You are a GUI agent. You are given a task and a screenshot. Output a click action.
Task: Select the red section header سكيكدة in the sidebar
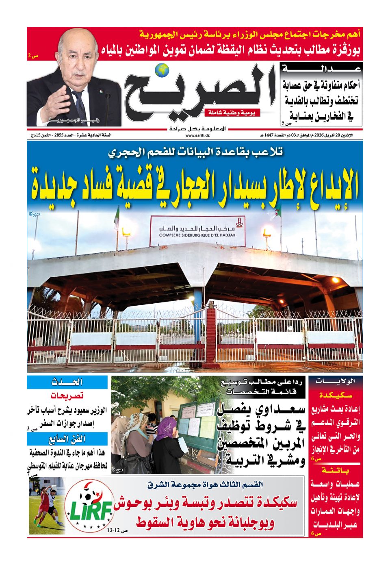pyautogui.click(x=335, y=395)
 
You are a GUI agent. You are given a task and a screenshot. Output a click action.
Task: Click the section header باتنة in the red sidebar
pyautogui.click(x=335, y=471)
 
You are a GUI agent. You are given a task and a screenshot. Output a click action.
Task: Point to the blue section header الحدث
pyautogui.click(x=67, y=382)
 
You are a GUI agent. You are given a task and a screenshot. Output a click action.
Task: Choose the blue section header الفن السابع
pyautogui.click(x=67, y=439)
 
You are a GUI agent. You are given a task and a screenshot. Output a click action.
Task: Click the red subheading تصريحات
pyautogui.click(x=67, y=395)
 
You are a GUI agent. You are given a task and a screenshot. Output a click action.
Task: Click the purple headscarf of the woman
pyautogui.click(x=167, y=425)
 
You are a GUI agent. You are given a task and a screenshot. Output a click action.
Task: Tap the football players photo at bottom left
pyautogui.click(x=47, y=506)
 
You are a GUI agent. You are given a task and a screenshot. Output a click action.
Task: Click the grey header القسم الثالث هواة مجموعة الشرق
pyautogui.click(x=205, y=485)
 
